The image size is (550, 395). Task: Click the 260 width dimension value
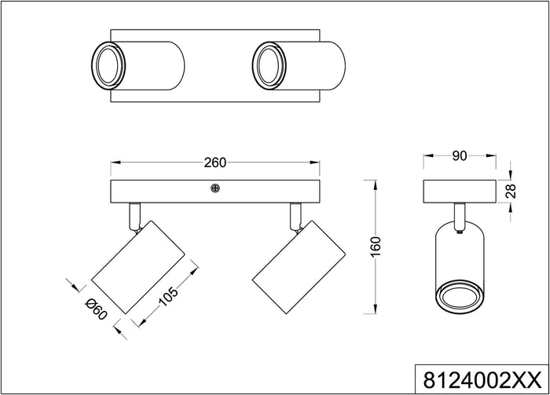tap(214, 163)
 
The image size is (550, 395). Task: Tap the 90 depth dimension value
tap(460, 156)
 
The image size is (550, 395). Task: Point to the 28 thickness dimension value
tap(510, 191)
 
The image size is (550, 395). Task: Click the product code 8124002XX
tap(481, 380)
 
